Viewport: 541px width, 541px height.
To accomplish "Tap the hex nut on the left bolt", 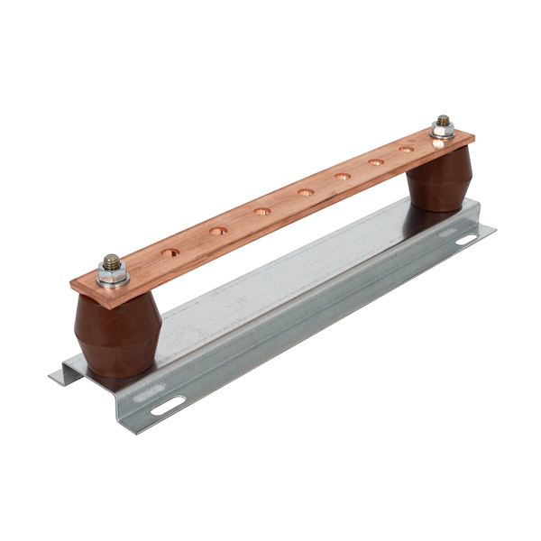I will (113, 271).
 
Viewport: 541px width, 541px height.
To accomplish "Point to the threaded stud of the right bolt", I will (442, 120).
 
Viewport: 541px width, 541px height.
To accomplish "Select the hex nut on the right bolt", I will (442, 130).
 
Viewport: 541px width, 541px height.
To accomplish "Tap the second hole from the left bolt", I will (218, 231).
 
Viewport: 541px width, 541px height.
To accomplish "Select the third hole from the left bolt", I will (262, 211).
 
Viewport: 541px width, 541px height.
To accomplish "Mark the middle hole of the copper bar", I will (306, 192).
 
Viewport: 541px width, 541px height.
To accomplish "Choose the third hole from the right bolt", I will (344, 176).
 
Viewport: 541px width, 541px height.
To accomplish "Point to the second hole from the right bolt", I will (376, 162).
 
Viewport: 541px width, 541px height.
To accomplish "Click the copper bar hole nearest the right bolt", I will (406, 149).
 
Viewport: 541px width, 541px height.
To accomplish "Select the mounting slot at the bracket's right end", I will (466, 239).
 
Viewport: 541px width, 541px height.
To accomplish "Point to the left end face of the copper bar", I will (76, 289).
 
